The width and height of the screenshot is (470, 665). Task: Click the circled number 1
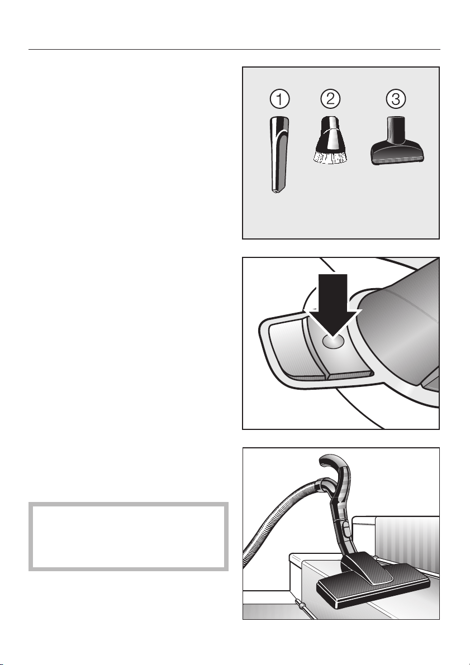[279, 99]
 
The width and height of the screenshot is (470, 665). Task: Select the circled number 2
[330, 99]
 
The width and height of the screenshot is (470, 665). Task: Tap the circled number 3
[395, 99]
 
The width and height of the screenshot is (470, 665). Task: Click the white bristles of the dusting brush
[330, 157]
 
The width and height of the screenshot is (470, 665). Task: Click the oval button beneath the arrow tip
[333, 341]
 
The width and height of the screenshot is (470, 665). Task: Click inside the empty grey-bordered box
[129, 537]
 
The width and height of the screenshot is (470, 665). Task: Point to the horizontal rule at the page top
[234, 50]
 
